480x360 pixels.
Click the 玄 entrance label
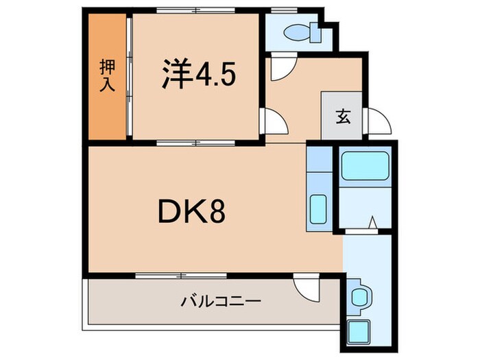click(x=343, y=116)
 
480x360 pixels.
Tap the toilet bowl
click(x=296, y=32)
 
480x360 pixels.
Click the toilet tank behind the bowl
click(x=316, y=32)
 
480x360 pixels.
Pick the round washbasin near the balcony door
click(x=359, y=297)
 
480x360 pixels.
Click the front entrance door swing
click(x=379, y=123)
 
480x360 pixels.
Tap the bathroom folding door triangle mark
click(x=372, y=222)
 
